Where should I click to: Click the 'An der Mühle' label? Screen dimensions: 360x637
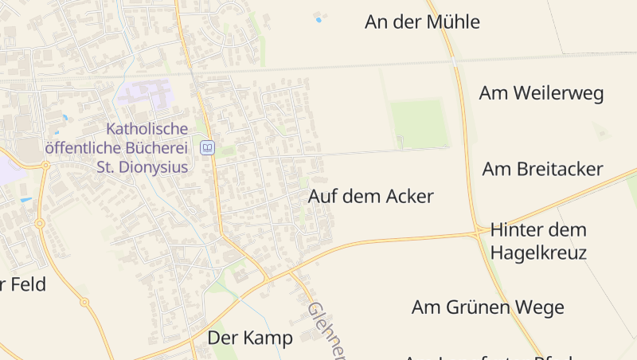point(422,22)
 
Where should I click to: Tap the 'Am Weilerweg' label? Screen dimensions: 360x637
point(541,93)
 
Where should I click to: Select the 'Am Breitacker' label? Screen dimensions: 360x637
point(542,169)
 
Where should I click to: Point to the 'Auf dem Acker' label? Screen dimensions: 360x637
point(370,197)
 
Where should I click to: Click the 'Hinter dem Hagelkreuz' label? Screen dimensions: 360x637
point(538,241)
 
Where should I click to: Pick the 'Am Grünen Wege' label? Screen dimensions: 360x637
point(487,307)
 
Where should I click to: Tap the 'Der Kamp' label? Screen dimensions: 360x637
point(250,338)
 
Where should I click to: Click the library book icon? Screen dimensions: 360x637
point(207,147)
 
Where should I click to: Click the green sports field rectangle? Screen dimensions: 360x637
point(419,123)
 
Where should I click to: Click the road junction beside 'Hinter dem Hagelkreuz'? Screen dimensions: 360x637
point(478,233)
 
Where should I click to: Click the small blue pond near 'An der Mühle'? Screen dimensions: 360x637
point(318,19)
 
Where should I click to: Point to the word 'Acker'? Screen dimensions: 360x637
point(407,197)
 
